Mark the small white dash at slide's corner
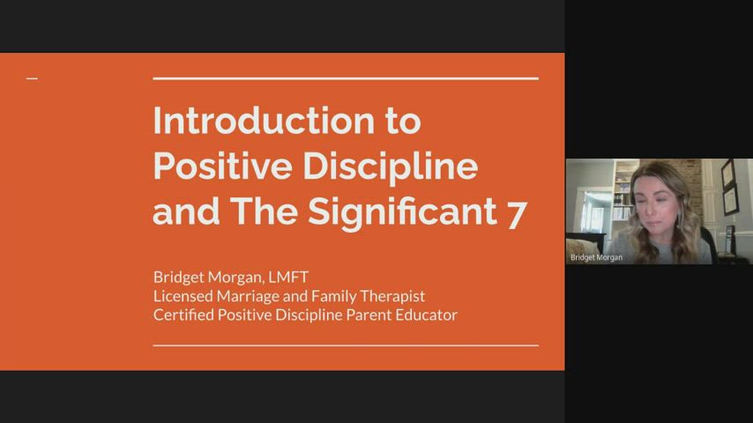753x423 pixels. [x=32, y=79]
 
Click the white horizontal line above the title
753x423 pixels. [x=346, y=78]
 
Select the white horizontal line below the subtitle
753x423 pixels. [x=346, y=345]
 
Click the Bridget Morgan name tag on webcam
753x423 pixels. [x=597, y=257]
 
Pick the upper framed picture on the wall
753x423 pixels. [x=727, y=174]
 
